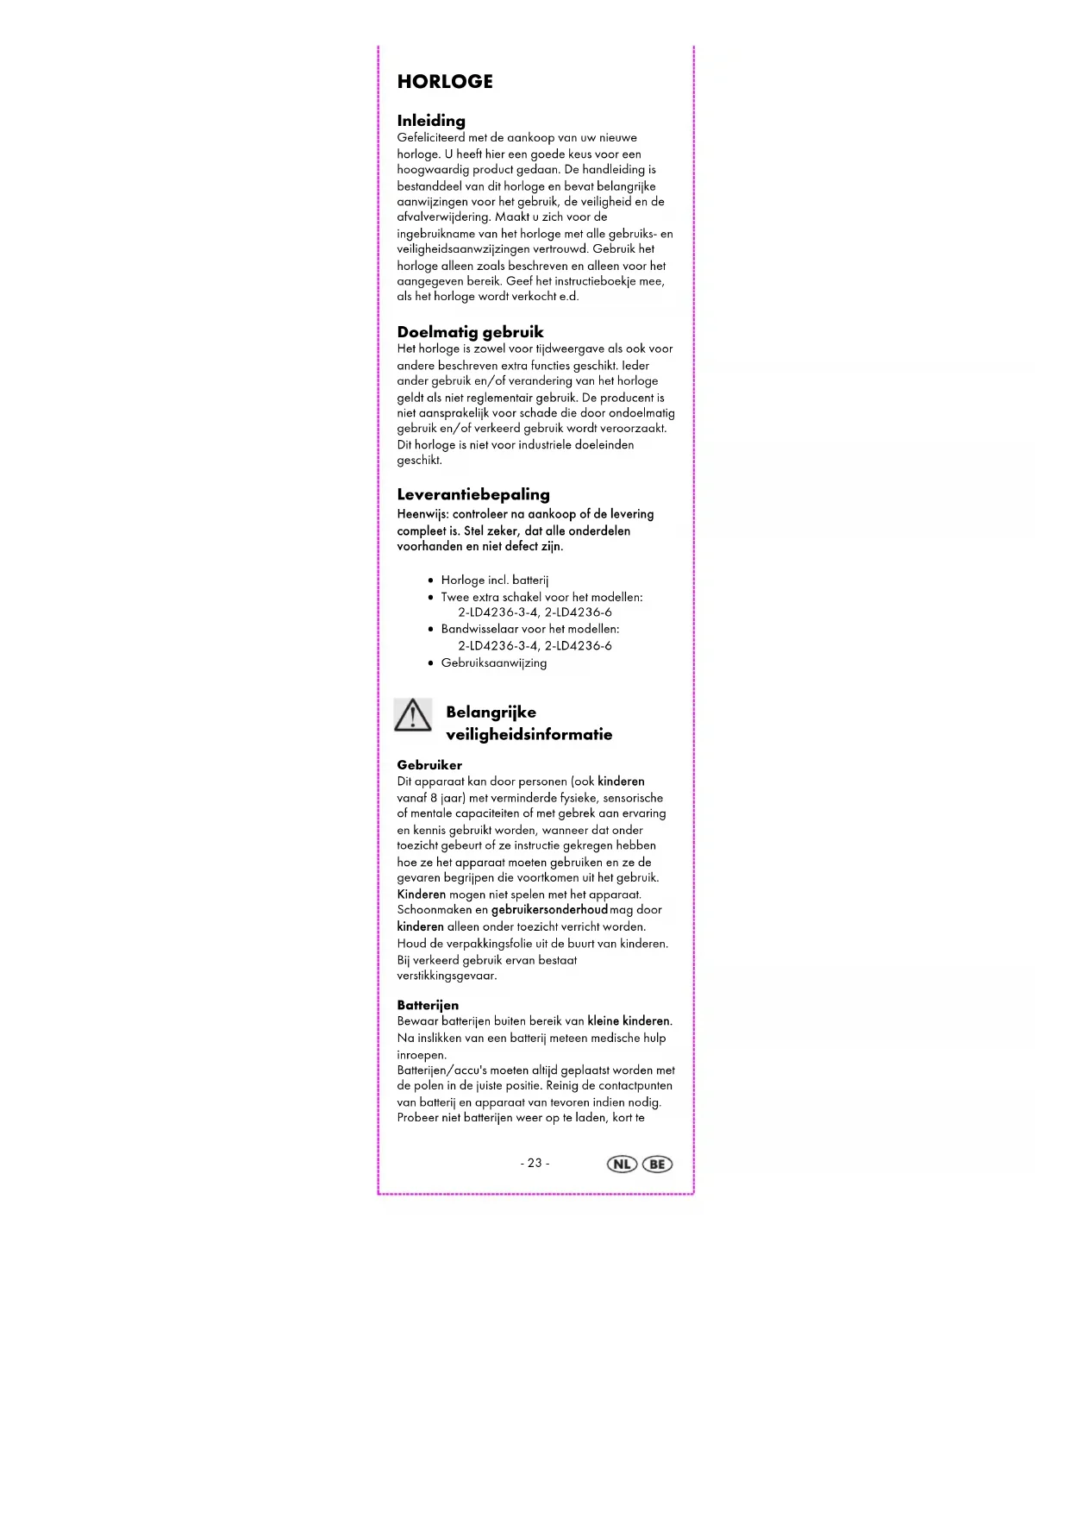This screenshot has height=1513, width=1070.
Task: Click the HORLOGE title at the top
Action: [x=445, y=82]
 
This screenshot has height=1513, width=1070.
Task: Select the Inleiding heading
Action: [x=431, y=121]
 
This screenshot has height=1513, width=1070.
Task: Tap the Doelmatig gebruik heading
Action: [x=470, y=332]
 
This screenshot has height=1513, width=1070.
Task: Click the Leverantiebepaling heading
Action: [x=472, y=494]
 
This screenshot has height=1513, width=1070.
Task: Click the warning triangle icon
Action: [x=413, y=715]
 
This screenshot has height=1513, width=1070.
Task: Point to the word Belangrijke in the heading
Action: [x=491, y=713]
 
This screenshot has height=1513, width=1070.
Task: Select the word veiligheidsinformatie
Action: [x=529, y=735]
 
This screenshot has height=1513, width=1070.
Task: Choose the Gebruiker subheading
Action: [x=429, y=765]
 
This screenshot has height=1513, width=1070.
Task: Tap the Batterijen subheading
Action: [x=428, y=1005]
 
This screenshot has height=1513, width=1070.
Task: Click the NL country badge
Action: [x=622, y=1164]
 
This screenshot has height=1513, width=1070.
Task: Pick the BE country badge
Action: [x=657, y=1164]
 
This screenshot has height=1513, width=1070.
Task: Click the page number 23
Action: [x=535, y=1163]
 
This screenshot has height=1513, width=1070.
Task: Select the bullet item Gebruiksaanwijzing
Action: [x=493, y=662]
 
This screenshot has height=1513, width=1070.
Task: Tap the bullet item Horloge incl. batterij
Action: [x=494, y=580]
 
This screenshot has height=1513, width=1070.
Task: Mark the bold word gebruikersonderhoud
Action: [x=549, y=910]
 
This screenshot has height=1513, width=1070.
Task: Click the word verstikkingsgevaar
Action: [x=446, y=976]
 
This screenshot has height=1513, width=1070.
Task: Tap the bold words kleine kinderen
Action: [x=629, y=1021]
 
